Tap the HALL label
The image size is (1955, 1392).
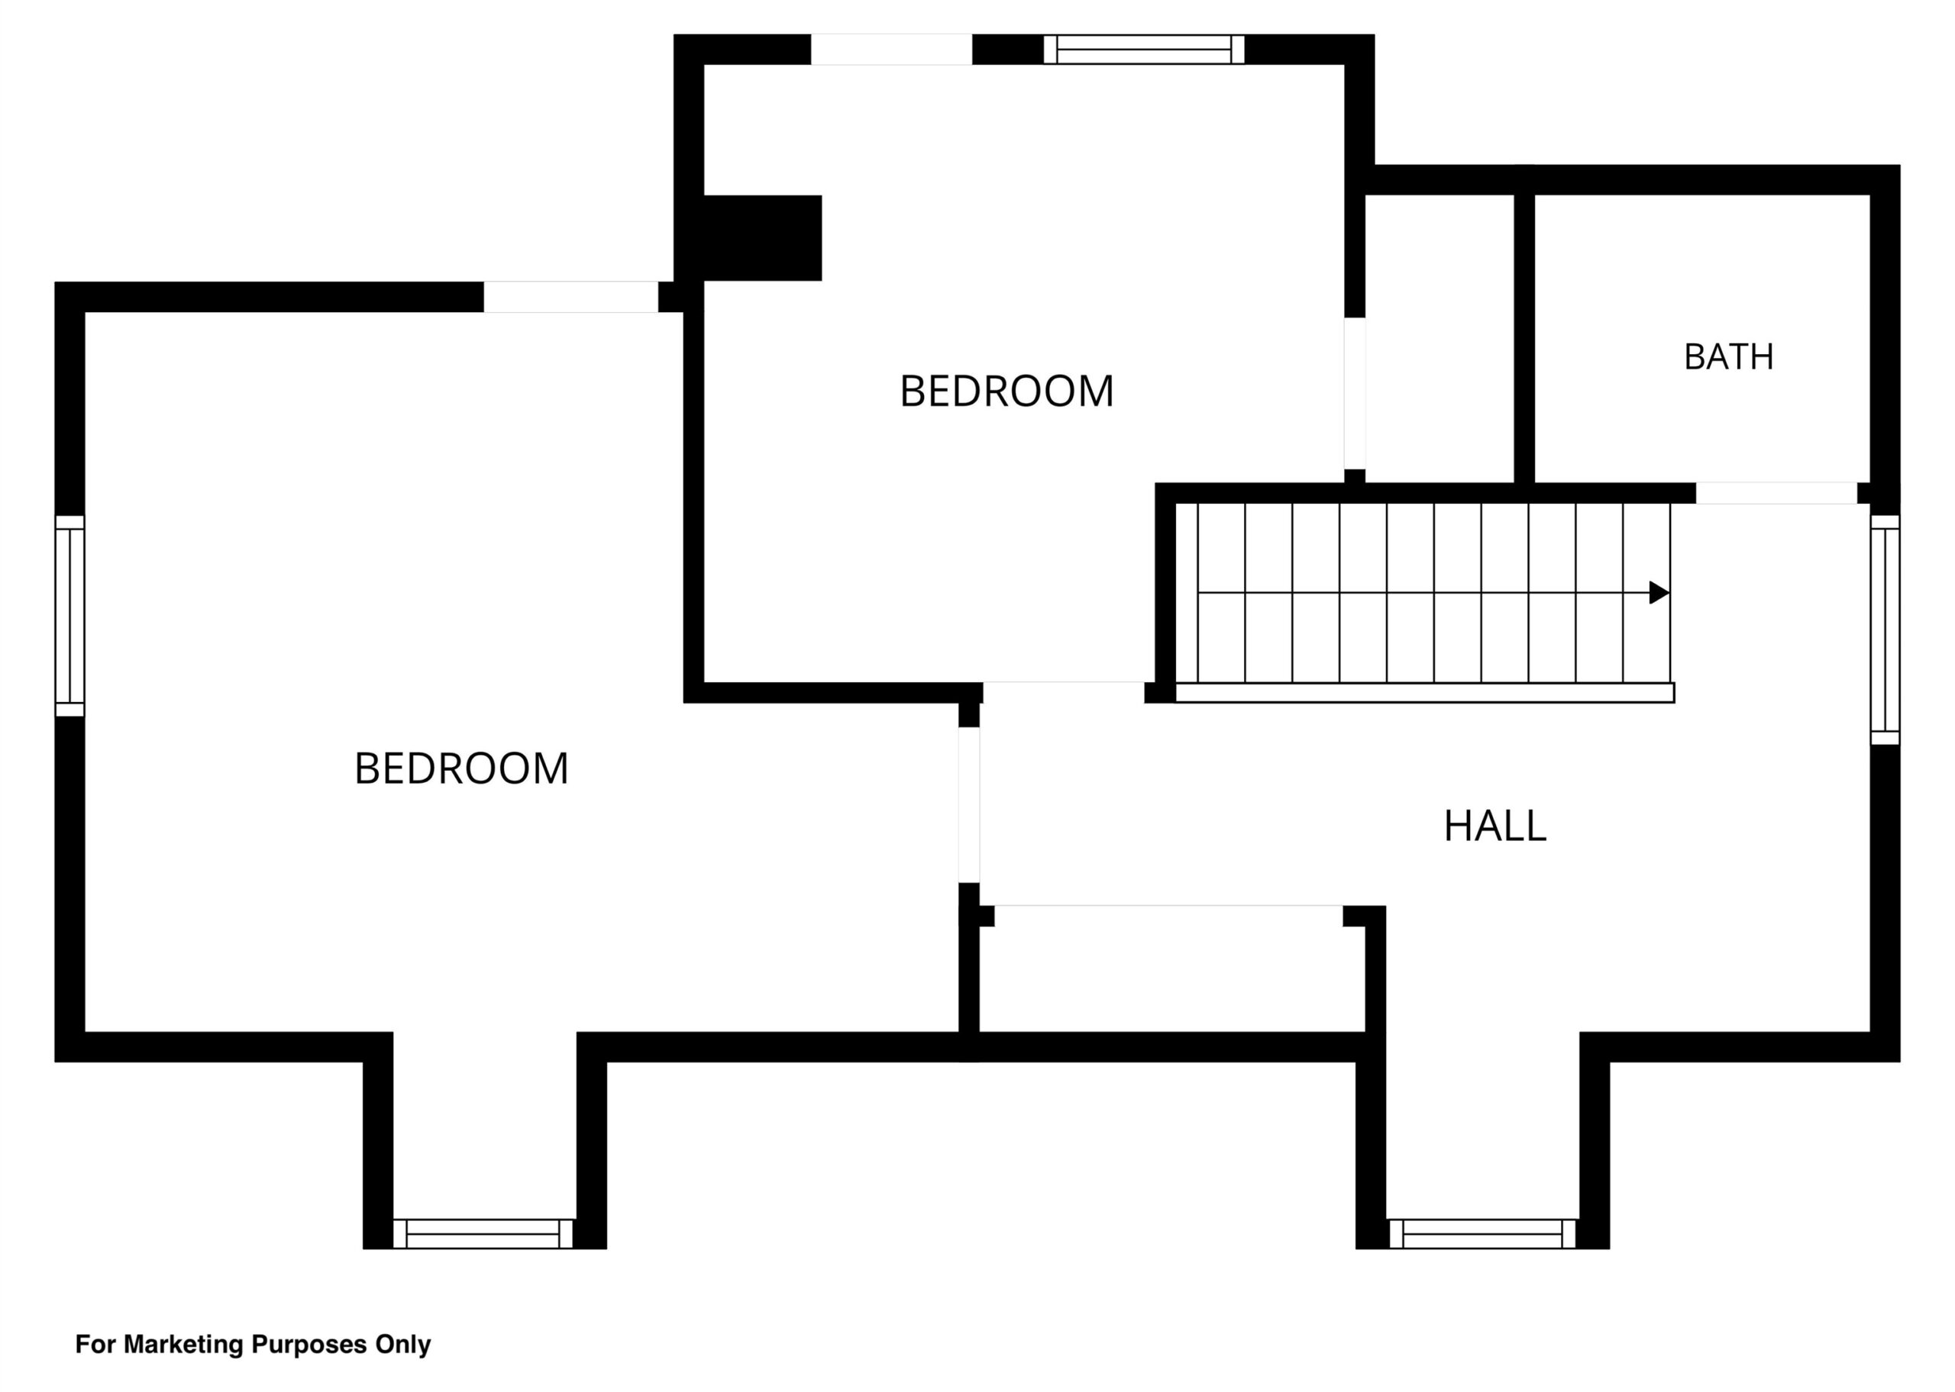click(1495, 826)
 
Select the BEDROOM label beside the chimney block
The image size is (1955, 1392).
click(1006, 391)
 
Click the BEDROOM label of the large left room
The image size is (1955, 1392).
click(461, 768)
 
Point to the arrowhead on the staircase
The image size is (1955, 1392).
click(1659, 592)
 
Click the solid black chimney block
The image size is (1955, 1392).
click(761, 237)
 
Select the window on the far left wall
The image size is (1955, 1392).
click(70, 615)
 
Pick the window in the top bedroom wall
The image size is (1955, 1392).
click(1144, 50)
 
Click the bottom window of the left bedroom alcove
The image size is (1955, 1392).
click(483, 1233)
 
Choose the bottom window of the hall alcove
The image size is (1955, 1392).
click(1482, 1233)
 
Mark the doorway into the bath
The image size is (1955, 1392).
click(1776, 493)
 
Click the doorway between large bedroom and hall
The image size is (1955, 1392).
click(969, 805)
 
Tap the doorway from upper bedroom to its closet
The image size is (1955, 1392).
click(1355, 394)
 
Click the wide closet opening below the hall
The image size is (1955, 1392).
click(1168, 910)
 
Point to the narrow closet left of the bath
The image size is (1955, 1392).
click(1440, 339)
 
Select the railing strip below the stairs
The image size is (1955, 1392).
click(1424, 693)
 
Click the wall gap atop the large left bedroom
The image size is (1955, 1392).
click(571, 297)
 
